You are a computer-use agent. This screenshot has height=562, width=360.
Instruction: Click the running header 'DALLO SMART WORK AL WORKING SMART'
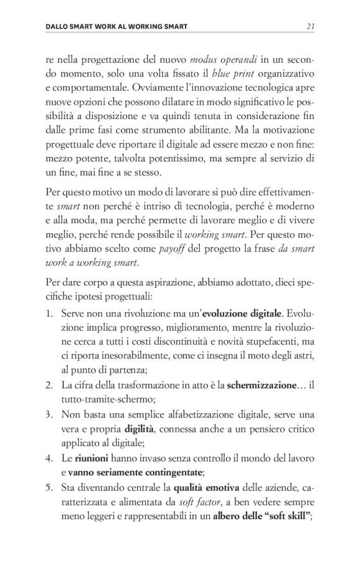[117, 27]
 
